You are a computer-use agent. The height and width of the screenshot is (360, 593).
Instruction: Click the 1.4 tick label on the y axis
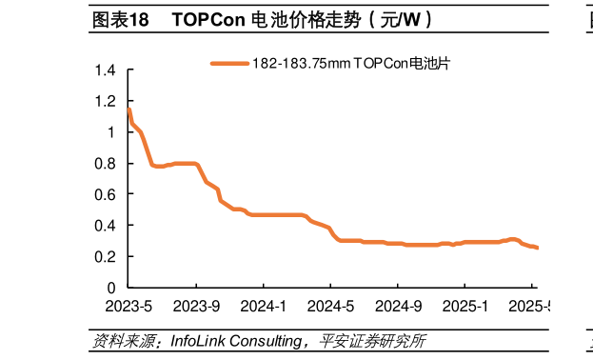107,70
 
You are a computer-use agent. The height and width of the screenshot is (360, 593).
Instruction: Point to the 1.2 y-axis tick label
107,101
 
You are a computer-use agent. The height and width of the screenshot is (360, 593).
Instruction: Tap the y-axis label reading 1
111,132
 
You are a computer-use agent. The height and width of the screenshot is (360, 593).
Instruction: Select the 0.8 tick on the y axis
107,163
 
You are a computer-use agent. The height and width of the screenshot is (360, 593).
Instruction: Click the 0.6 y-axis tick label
107,194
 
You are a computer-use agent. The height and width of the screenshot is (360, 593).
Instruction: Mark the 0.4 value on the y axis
107,226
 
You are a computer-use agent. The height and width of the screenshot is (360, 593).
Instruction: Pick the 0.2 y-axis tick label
107,256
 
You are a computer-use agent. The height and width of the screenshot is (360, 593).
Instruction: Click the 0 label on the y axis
111,288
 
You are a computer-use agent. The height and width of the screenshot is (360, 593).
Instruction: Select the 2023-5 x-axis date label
128,306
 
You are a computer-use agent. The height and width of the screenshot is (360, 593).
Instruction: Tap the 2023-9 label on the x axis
196,306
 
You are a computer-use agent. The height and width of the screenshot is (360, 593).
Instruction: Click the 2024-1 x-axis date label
263,306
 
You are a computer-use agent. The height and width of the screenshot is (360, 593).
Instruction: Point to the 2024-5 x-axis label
329,306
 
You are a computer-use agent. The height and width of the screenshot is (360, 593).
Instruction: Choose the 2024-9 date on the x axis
397,306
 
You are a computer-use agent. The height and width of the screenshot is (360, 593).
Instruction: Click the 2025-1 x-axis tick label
464,306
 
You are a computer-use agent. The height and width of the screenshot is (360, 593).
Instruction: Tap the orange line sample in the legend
228,64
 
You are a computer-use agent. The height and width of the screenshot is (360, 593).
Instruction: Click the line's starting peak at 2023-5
128,110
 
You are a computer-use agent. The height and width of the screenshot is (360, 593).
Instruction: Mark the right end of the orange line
537,248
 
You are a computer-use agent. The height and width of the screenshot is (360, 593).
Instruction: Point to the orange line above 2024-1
263,215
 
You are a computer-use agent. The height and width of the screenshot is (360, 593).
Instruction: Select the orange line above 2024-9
397,244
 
